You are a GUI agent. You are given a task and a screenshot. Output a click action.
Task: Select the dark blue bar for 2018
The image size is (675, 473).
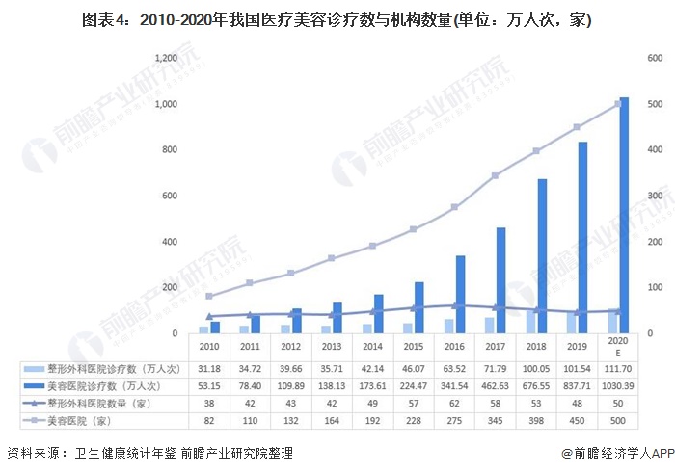(x=542, y=256)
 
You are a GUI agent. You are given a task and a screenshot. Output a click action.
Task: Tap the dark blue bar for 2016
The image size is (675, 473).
(x=460, y=295)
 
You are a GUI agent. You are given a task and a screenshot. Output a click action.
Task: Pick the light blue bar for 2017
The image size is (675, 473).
(x=490, y=326)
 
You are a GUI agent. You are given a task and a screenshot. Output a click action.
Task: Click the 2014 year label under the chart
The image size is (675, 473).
(x=372, y=346)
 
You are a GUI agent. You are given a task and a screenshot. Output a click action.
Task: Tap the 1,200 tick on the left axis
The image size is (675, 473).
(x=165, y=59)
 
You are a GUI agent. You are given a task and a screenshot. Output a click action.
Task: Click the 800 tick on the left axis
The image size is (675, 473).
(x=169, y=150)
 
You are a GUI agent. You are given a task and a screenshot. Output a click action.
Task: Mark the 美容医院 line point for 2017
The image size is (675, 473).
(x=495, y=175)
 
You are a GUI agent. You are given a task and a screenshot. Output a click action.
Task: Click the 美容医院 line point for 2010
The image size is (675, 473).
(x=208, y=296)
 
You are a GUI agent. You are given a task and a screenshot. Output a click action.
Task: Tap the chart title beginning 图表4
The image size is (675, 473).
(x=337, y=19)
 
